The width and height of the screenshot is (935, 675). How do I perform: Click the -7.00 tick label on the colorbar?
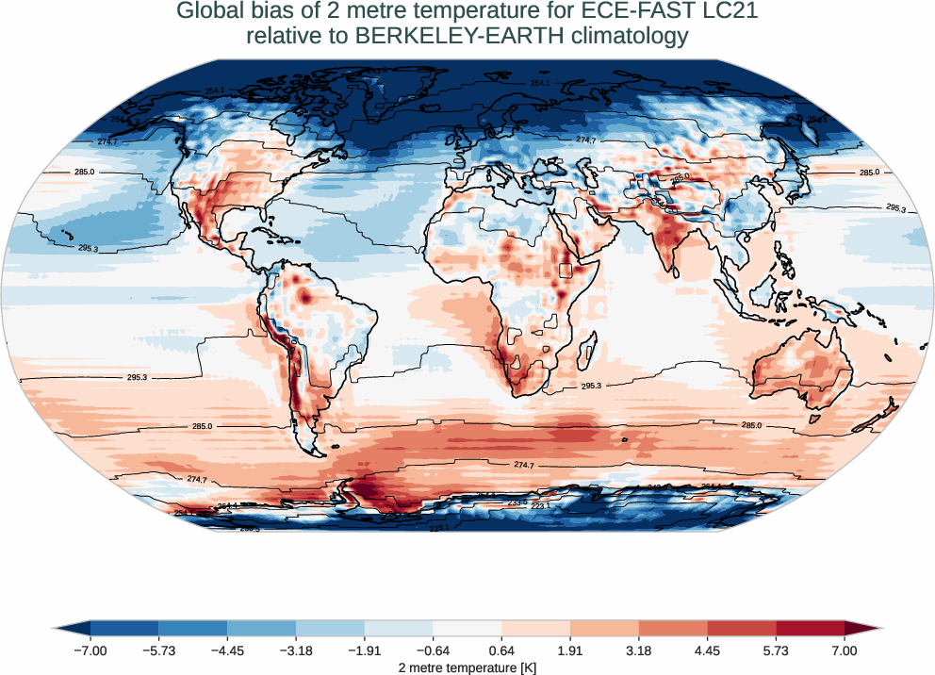pyautogui.click(x=90, y=650)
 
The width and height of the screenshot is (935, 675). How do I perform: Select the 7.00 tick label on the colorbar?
pyautogui.click(x=845, y=650)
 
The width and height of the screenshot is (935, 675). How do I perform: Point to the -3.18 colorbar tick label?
pyautogui.click(x=296, y=650)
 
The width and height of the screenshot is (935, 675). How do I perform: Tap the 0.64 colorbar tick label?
pyautogui.click(x=501, y=650)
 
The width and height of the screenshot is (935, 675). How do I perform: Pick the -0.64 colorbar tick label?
pyautogui.click(x=433, y=650)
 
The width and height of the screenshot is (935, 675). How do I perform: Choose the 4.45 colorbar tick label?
pyautogui.click(x=707, y=650)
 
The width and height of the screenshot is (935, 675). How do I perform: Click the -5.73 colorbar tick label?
pyautogui.click(x=158, y=650)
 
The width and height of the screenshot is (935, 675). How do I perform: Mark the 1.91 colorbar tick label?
pyautogui.click(x=570, y=650)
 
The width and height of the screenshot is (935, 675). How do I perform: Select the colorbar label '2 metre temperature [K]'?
pyautogui.click(x=467, y=667)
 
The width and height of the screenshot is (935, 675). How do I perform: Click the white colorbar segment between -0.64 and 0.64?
pyautogui.click(x=467, y=628)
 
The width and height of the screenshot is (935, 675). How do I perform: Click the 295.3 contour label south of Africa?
pyautogui.click(x=592, y=387)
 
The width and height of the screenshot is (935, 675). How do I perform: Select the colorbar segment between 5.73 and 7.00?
pyautogui.click(x=811, y=628)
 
